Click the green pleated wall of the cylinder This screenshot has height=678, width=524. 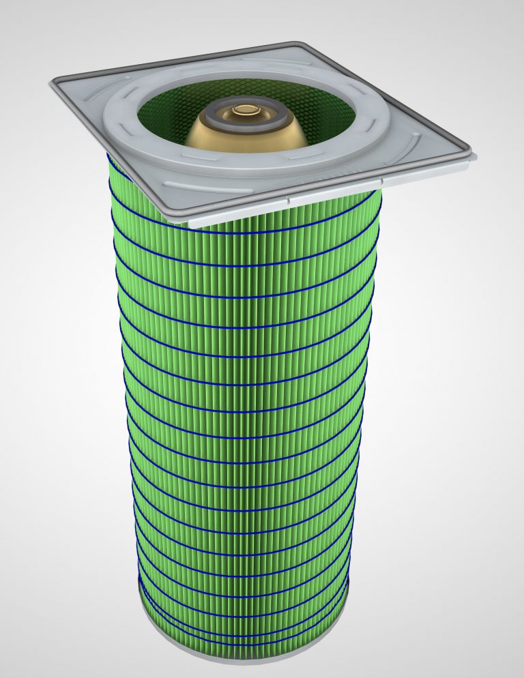point(246,409)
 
